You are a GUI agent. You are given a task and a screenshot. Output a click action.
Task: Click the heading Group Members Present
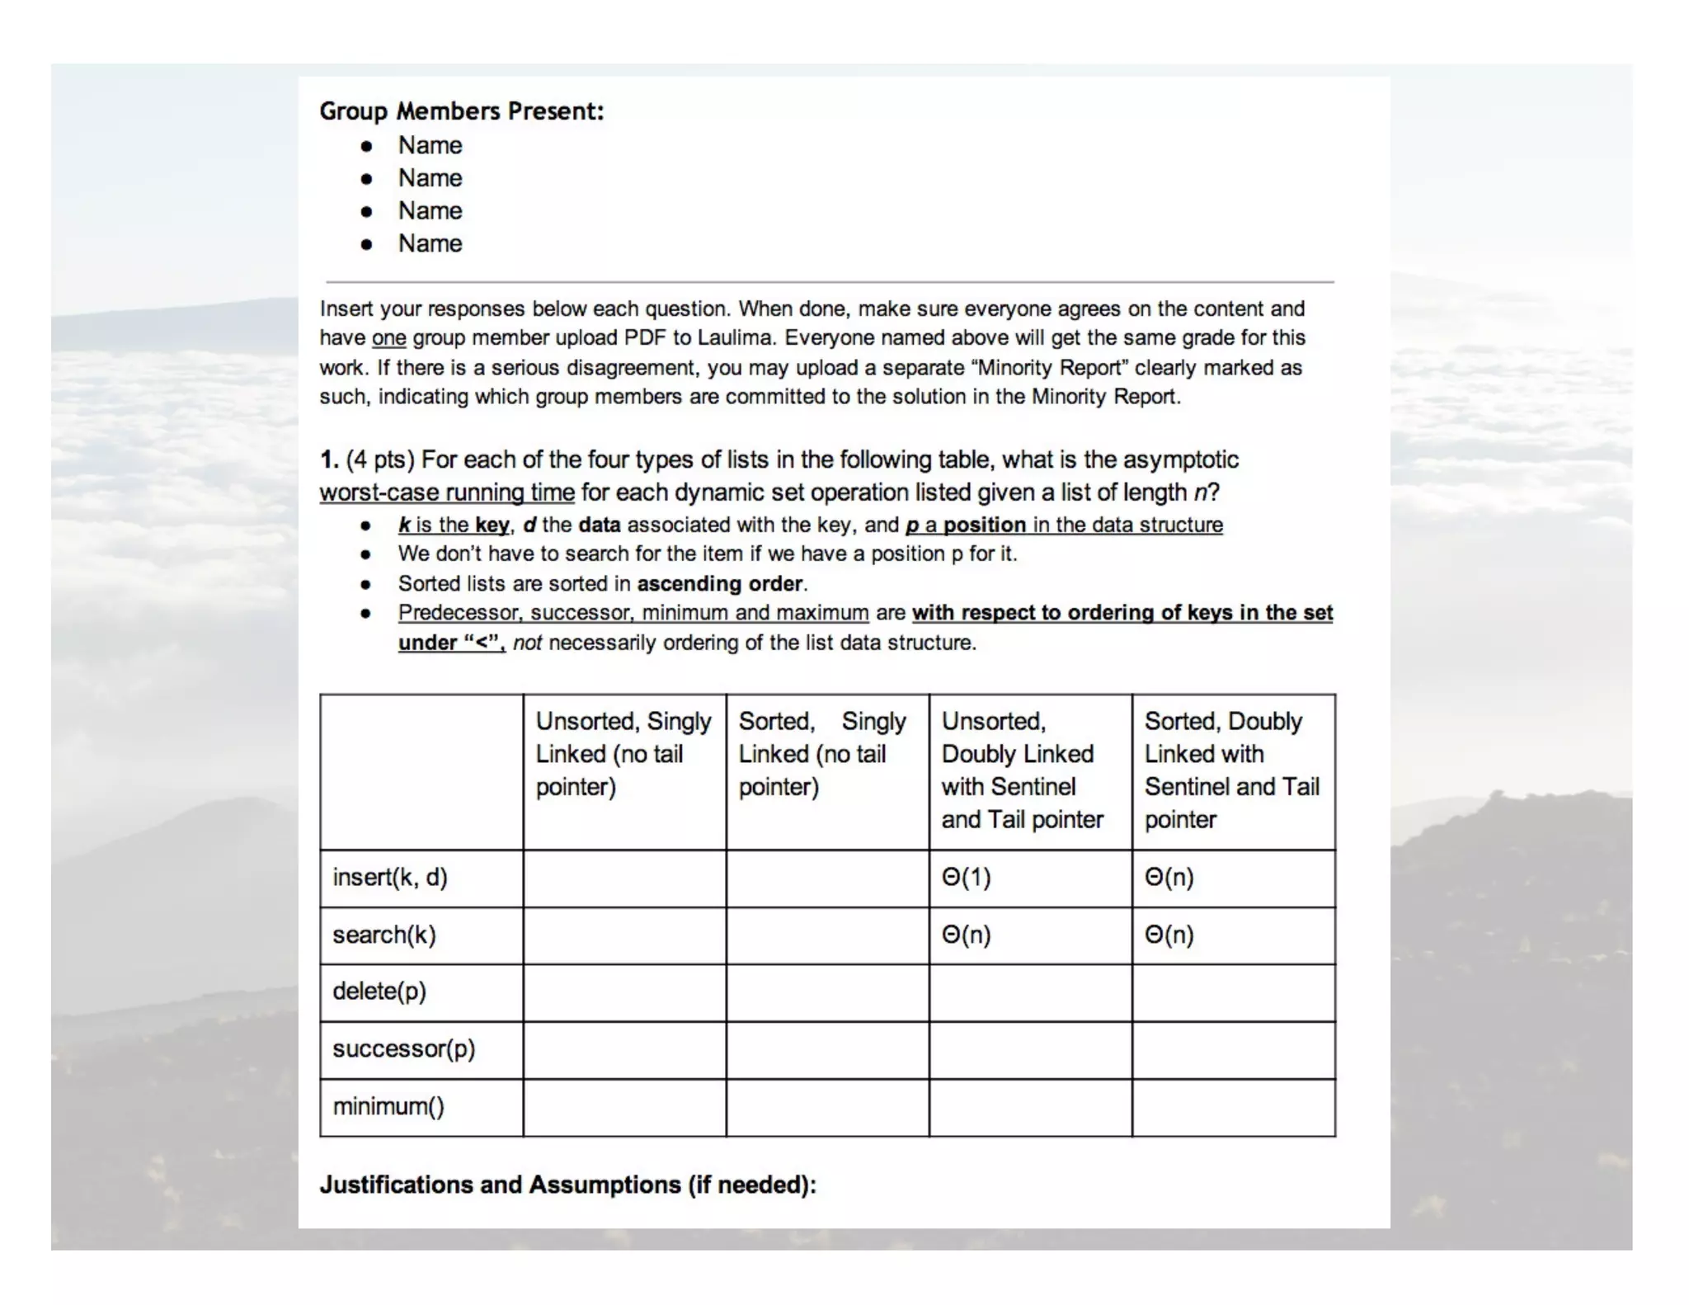point(461,111)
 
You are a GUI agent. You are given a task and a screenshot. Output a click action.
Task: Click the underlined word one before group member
point(388,338)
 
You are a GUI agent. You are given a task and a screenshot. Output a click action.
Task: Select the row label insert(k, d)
point(389,877)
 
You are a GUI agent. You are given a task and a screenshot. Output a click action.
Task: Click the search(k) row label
point(383,935)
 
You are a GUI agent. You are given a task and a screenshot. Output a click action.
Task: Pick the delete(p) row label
point(379,991)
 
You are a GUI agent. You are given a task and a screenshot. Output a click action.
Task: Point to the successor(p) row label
point(403,1048)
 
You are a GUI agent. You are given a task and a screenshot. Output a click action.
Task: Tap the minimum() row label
point(388,1106)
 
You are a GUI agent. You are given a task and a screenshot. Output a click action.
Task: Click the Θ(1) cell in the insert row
point(966,877)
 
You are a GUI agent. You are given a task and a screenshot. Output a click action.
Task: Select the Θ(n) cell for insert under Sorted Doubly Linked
point(1169,877)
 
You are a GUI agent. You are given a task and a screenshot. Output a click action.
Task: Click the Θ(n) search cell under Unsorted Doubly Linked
point(966,935)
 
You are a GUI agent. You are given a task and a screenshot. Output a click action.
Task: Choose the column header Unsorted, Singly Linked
point(623,753)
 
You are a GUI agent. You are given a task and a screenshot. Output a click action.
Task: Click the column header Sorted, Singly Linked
point(821,753)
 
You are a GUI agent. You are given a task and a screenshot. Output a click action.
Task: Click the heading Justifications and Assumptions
point(567,1185)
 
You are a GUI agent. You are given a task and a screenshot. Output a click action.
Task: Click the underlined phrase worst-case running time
point(447,493)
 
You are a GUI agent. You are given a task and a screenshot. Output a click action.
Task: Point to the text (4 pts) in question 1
point(379,459)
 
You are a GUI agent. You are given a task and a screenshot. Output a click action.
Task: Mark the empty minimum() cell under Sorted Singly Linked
point(827,1107)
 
